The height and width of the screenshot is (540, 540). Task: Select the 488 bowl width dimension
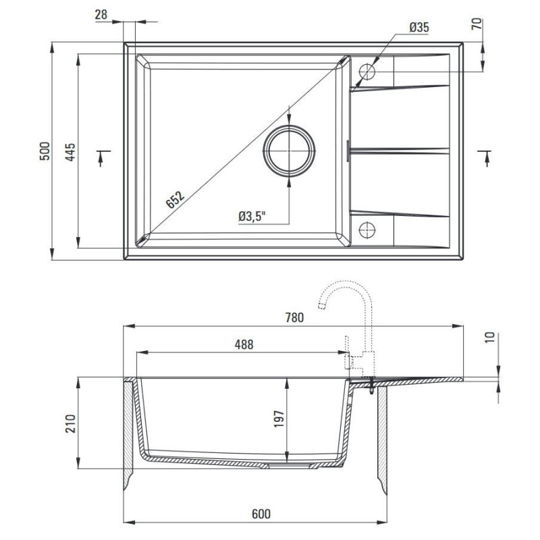(244, 344)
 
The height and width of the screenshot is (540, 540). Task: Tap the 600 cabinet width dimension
(261, 514)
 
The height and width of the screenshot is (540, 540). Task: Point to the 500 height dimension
(45, 151)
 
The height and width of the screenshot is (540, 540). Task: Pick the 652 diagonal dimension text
(174, 199)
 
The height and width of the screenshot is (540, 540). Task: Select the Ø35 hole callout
(419, 27)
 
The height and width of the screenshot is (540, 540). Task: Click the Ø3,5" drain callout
(252, 216)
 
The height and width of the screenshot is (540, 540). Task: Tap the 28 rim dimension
(102, 14)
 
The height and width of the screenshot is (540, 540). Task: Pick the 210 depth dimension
(70, 423)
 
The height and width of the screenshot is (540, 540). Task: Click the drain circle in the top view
(290, 151)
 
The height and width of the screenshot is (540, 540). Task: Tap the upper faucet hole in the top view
(367, 71)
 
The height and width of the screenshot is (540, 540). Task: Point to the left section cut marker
(101, 157)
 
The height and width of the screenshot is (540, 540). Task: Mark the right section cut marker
(485, 157)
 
